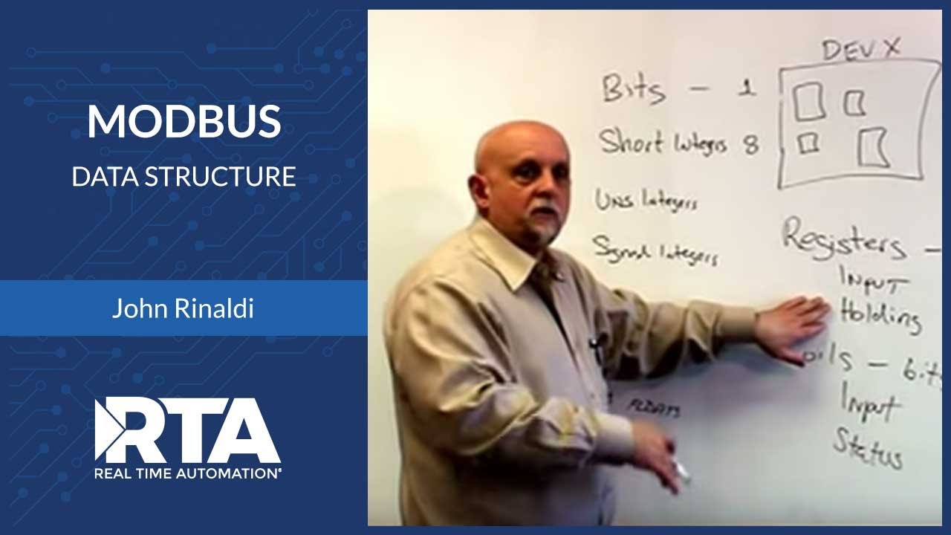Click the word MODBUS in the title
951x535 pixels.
pyautogui.click(x=184, y=123)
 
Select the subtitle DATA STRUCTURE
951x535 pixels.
pyautogui.click(x=184, y=177)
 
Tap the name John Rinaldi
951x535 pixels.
pyautogui.click(x=183, y=308)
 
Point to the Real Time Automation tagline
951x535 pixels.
pyautogui.click(x=187, y=472)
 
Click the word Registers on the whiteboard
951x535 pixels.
pyautogui.click(x=844, y=239)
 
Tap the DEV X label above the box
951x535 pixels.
pyautogui.click(x=861, y=51)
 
